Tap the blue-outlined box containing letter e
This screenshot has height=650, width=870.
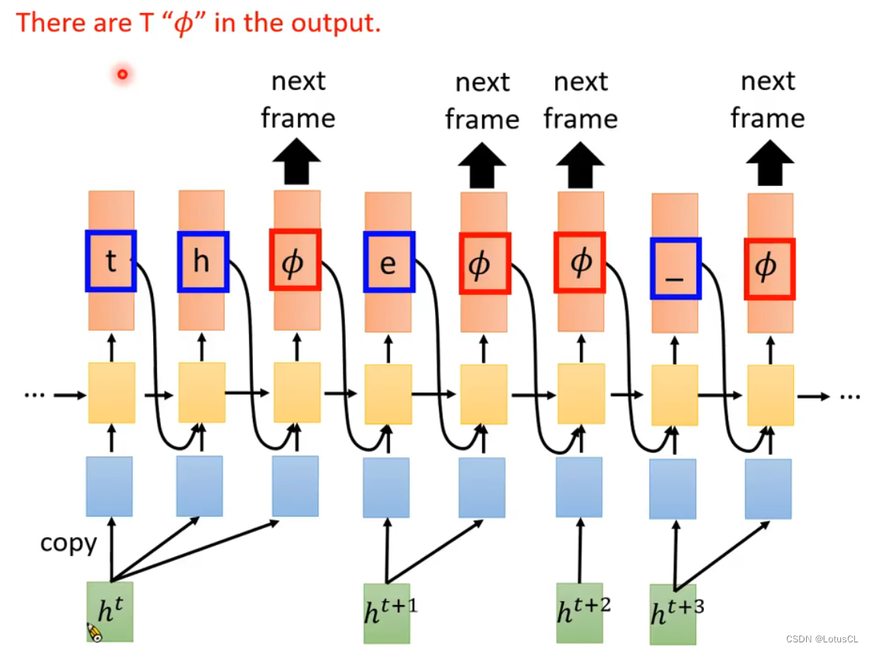point(389,263)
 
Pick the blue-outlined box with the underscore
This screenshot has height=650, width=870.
point(675,269)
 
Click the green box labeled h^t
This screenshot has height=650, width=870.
point(110,610)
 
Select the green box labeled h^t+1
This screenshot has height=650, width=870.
point(387,613)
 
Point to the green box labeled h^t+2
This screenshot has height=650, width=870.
point(580,612)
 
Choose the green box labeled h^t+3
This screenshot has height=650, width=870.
point(673,614)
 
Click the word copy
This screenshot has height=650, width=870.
point(69,543)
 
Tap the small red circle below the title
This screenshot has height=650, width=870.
point(122,75)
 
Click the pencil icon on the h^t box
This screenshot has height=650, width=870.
point(94,632)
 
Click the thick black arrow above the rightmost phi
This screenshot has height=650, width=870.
point(769,164)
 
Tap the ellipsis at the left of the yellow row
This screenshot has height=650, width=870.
point(35,395)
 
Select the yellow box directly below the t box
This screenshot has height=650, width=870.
point(112,392)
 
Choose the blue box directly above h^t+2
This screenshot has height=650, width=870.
point(579,487)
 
